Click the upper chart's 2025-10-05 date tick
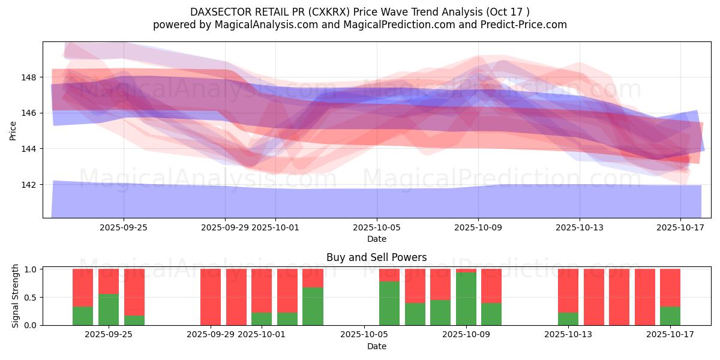click(x=377, y=228)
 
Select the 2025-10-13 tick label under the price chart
click(x=580, y=228)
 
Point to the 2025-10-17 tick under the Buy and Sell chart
click(x=670, y=335)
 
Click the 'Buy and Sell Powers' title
click(x=376, y=257)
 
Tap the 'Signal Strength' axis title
click(x=16, y=296)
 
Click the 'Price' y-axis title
click(x=13, y=130)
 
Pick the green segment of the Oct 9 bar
click(x=466, y=299)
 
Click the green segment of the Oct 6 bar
click(x=389, y=303)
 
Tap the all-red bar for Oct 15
click(x=619, y=297)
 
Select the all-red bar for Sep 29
click(x=211, y=297)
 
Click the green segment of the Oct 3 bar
click(x=313, y=306)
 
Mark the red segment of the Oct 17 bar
click(x=670, y=287)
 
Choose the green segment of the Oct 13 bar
click(x=568, y=319)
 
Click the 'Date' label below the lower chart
click(x=376, y=346)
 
